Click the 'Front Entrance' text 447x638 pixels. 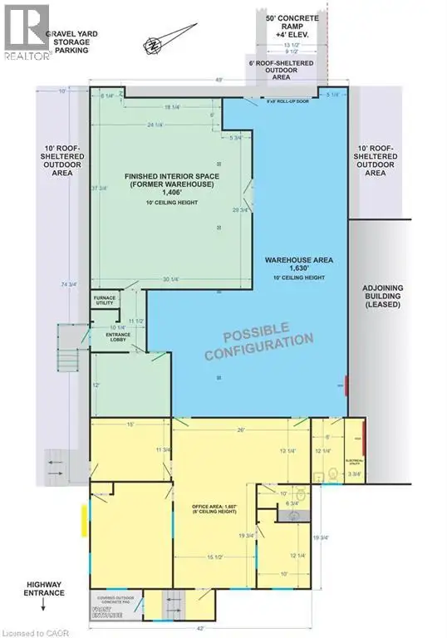(106, 615)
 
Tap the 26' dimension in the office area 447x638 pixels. (241, 430)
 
